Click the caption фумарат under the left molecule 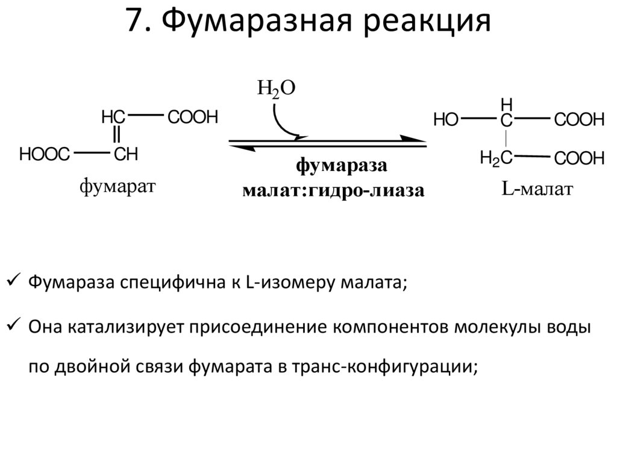coord(117,187)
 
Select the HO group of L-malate coord(446,120)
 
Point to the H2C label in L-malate coord(496,158)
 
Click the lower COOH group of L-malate coord(579,159)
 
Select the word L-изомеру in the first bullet coord(283,283)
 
